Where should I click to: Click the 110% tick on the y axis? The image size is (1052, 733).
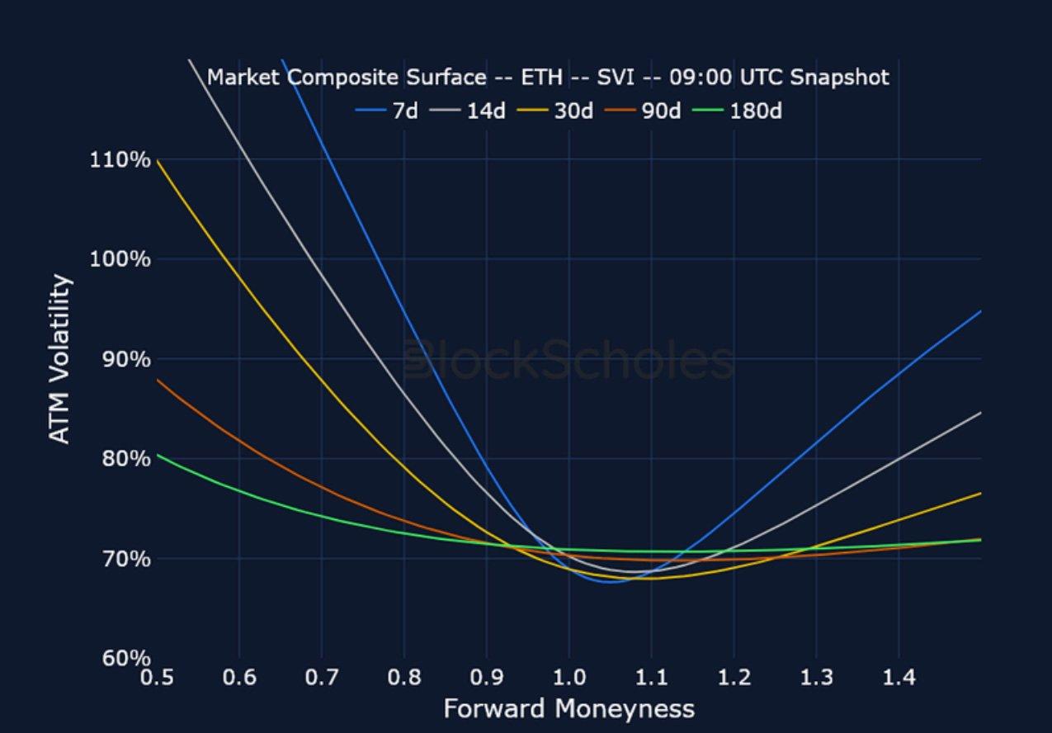(x=120, y=159)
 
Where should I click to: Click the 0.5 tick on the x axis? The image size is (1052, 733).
(x=157, y=678)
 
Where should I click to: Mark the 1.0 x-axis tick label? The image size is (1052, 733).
(x=568, y=678)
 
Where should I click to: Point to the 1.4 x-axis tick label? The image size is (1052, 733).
(x=899, y=678)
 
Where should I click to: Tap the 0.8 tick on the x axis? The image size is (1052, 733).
(x=403, y=678)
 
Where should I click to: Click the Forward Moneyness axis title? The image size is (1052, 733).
(x=568, y=708)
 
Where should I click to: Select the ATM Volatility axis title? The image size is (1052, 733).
(x=60, y=359)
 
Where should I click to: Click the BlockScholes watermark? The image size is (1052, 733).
(x=569, y=362)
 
